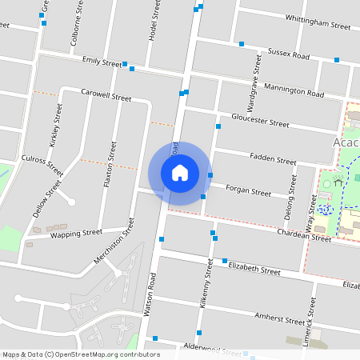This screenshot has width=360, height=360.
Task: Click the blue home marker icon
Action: (179, 173)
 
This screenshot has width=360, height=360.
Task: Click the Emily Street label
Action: (102, 62)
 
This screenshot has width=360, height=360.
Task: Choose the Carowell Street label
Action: (106, 94)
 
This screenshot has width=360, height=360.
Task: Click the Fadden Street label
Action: (273, 158)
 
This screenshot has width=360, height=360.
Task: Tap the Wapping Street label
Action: (76, 234)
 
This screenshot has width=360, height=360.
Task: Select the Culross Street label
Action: (43, 166)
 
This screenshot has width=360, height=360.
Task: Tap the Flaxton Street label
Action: (110, 165)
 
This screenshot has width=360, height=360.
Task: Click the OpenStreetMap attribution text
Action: (81, 354)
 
